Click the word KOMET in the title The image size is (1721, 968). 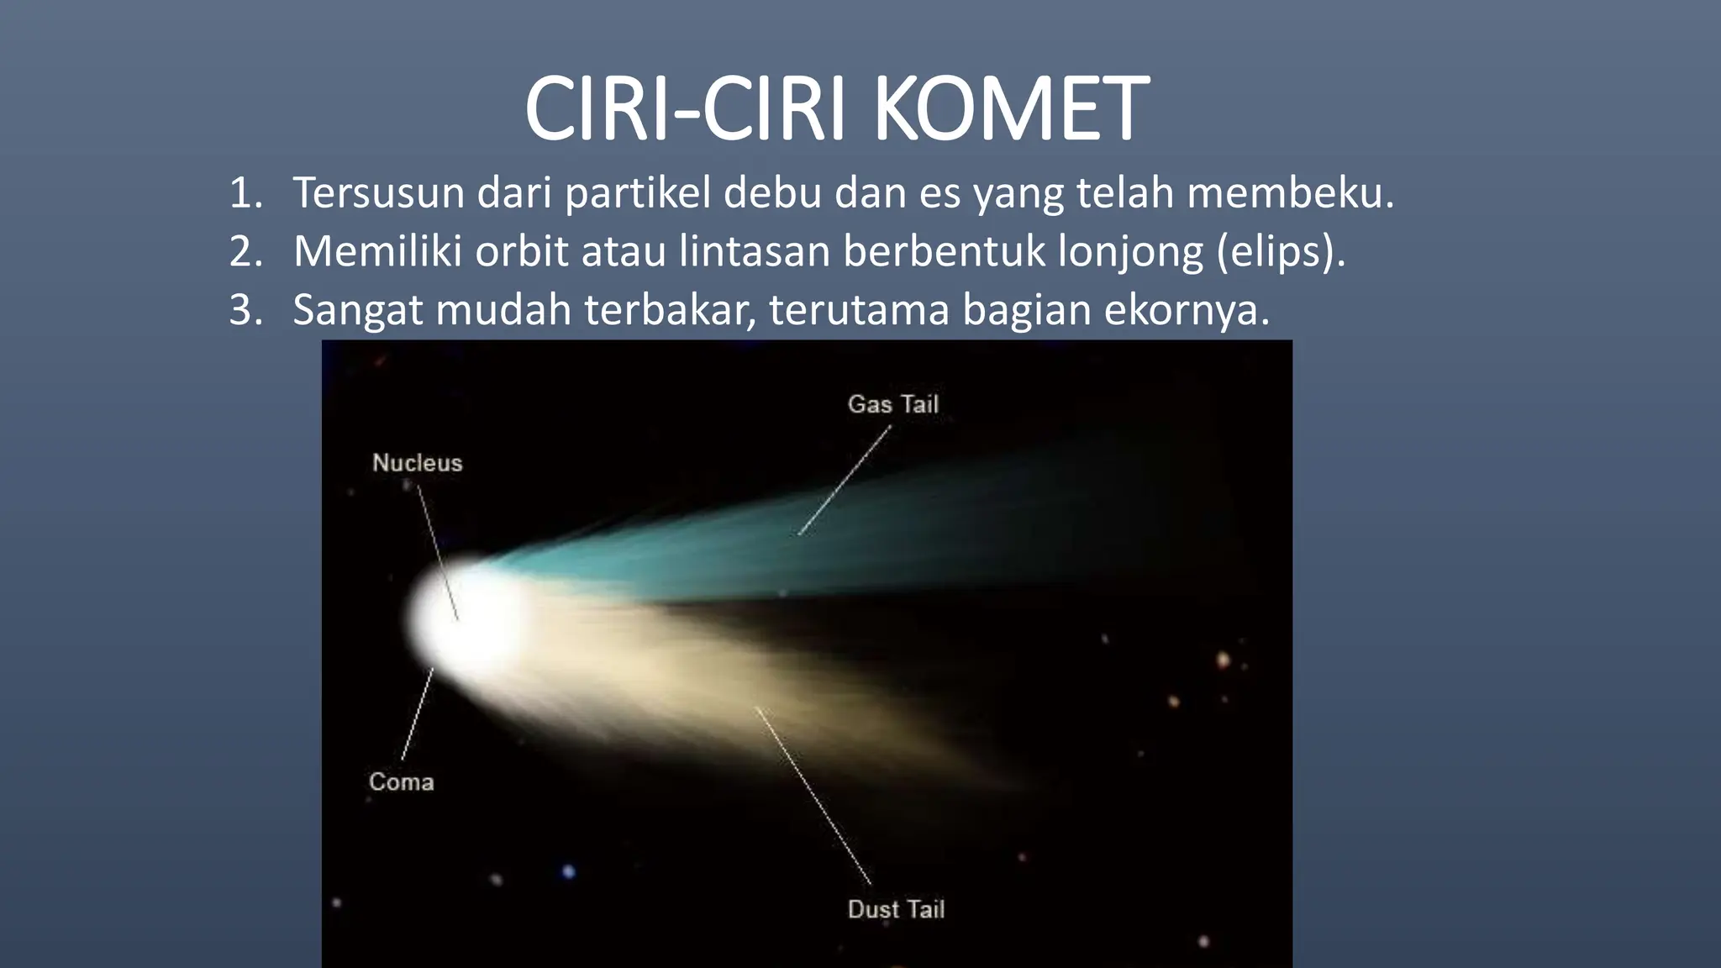1011,110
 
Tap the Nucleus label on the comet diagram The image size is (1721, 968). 418,463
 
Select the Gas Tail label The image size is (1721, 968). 892,404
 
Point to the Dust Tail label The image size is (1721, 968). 896,909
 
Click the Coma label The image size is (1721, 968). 402,782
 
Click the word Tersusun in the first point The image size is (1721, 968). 378,193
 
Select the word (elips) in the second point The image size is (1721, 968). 1281,251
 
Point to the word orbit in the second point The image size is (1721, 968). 521,251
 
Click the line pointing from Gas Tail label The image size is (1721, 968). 844,481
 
